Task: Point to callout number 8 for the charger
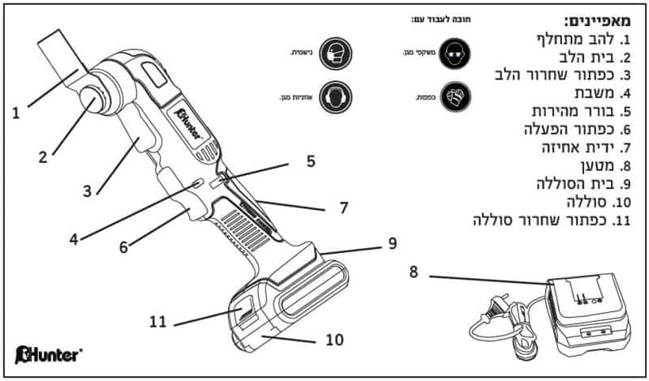(414, 274)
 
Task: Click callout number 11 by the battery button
(158, 322)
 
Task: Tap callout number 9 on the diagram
(392, 242)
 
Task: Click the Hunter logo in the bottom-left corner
(48, 353)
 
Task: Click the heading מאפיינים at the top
(596, 21)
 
